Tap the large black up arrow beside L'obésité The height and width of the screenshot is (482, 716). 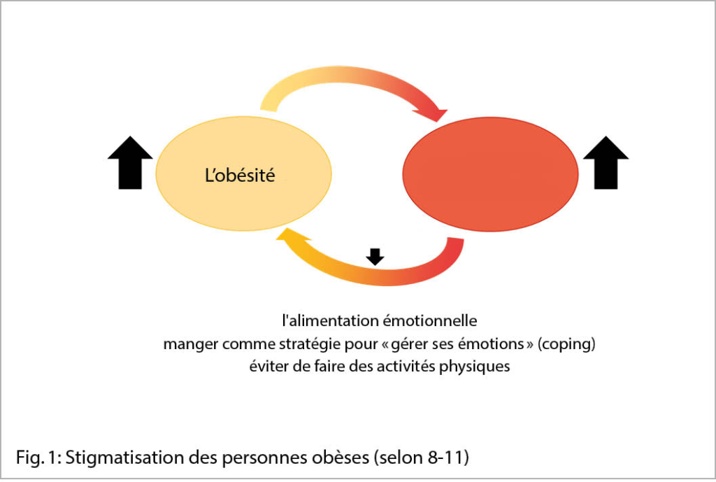[130, 163]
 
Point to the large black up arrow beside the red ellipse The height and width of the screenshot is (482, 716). [606, 163]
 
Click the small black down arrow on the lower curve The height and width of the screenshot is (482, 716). [375, 257]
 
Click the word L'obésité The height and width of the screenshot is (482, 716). [240, 176]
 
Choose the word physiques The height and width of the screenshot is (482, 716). [474, 367]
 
